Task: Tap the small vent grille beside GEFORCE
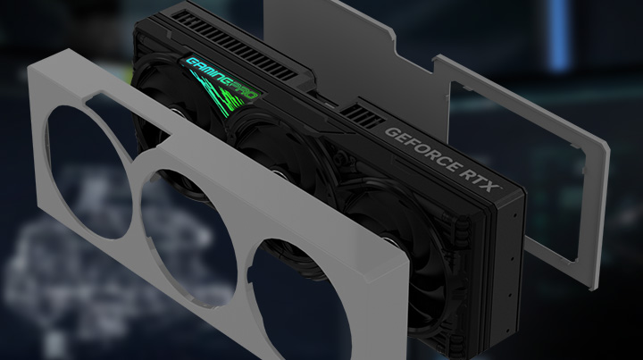(363, 115)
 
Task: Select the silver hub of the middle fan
(280, 176)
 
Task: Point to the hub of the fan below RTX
(388, 239)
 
